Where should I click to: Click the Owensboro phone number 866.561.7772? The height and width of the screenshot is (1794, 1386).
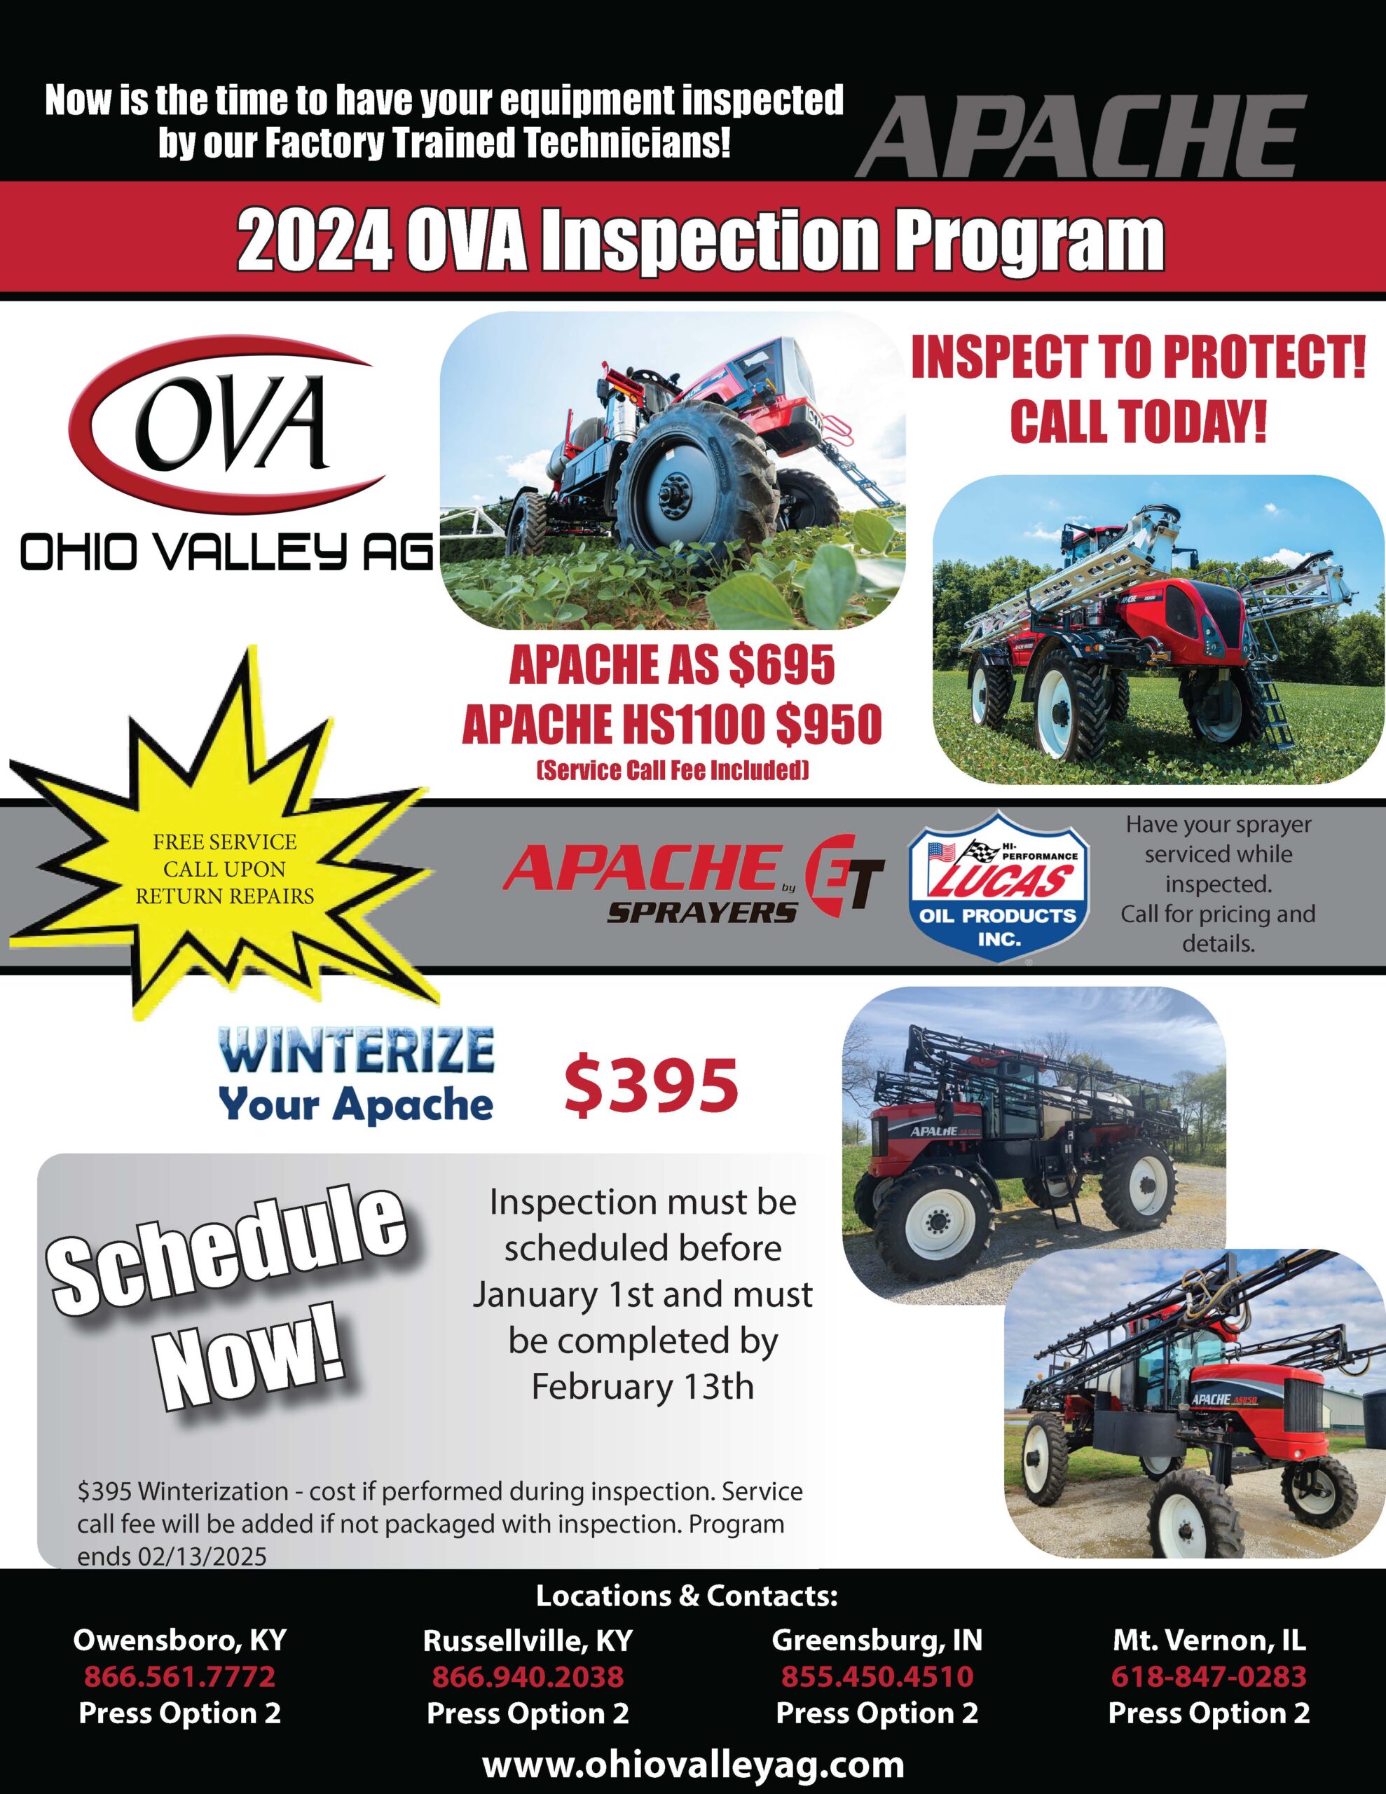179,1676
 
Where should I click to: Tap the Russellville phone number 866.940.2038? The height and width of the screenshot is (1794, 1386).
528,1676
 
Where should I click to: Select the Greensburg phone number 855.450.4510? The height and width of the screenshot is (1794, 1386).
877,1676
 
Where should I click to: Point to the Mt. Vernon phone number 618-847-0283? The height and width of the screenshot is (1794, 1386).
1209,1676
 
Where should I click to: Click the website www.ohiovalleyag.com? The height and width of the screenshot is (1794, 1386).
692,1762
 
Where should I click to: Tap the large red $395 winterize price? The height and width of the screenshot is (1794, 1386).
651,1087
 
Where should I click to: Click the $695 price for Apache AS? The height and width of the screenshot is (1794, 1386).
781,665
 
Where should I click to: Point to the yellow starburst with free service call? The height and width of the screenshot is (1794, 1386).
224,869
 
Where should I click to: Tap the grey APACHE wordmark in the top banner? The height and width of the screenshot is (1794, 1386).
1080,135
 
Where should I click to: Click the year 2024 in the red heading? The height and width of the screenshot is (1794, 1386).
313,242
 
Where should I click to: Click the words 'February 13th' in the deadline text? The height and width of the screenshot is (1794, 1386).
642,1387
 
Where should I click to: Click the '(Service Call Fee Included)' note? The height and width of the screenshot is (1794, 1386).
672,770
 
